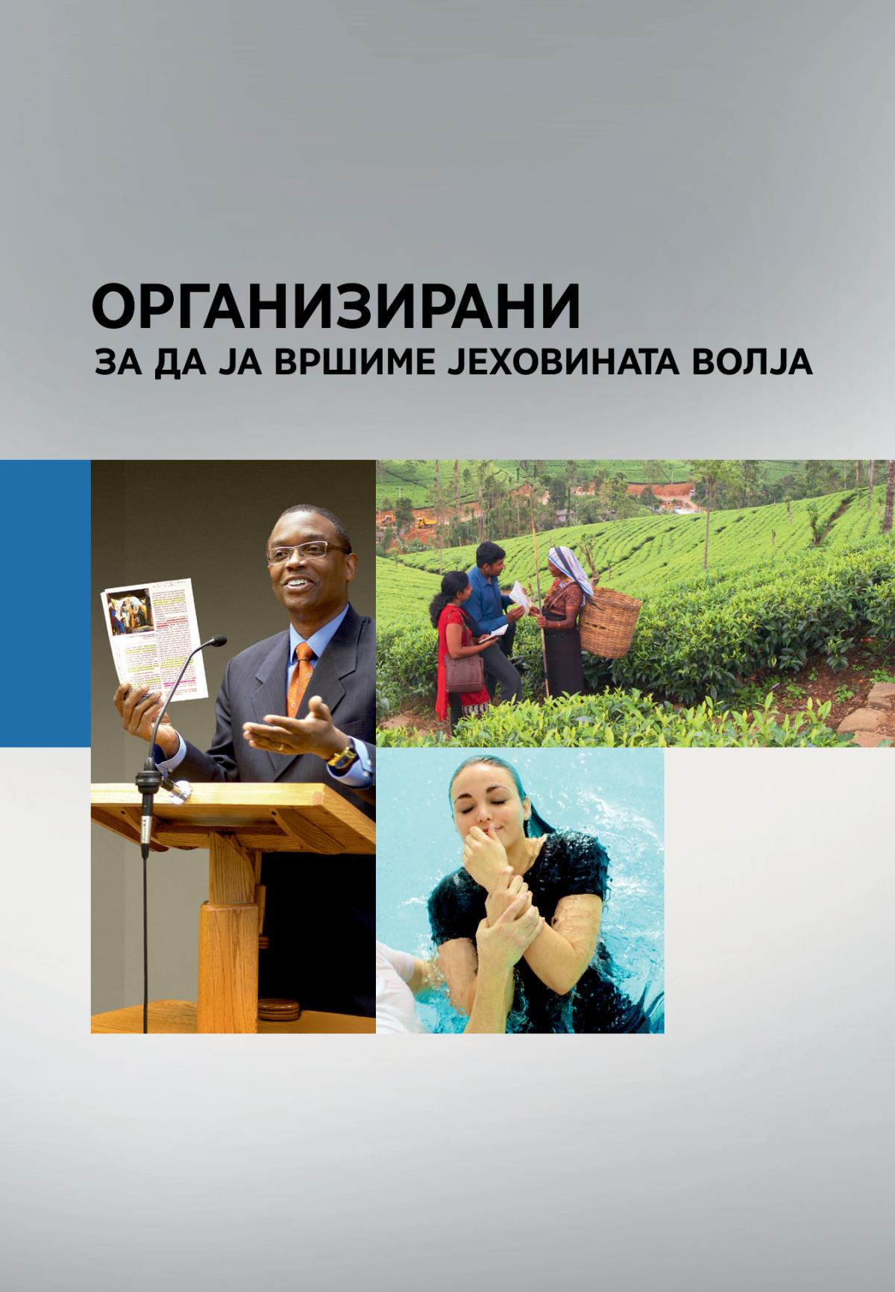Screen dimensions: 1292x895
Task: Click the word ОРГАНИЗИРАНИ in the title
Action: pos(336,307)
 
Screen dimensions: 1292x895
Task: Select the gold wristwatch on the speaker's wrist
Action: pos(343,756)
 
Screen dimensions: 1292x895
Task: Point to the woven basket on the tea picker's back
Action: pos(610,623)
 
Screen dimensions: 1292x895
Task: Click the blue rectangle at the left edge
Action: pos(45,602)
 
